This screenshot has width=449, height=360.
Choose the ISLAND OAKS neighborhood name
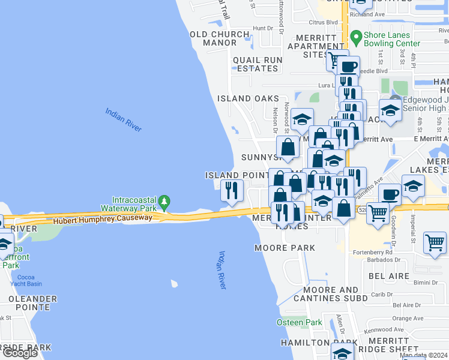tap(248, 98)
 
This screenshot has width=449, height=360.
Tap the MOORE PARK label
tap(285, 248)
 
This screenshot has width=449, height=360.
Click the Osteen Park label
tap(299, 322)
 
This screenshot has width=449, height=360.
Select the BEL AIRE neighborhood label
tap(385, 276)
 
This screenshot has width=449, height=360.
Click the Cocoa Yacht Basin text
tap(29, 280)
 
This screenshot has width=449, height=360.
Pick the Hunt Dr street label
tap(263, 28)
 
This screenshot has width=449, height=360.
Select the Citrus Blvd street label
tap(323, 23)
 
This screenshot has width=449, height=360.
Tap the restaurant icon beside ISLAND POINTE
tap(232, 191)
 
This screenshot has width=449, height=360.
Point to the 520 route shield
tap(363, 211)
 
